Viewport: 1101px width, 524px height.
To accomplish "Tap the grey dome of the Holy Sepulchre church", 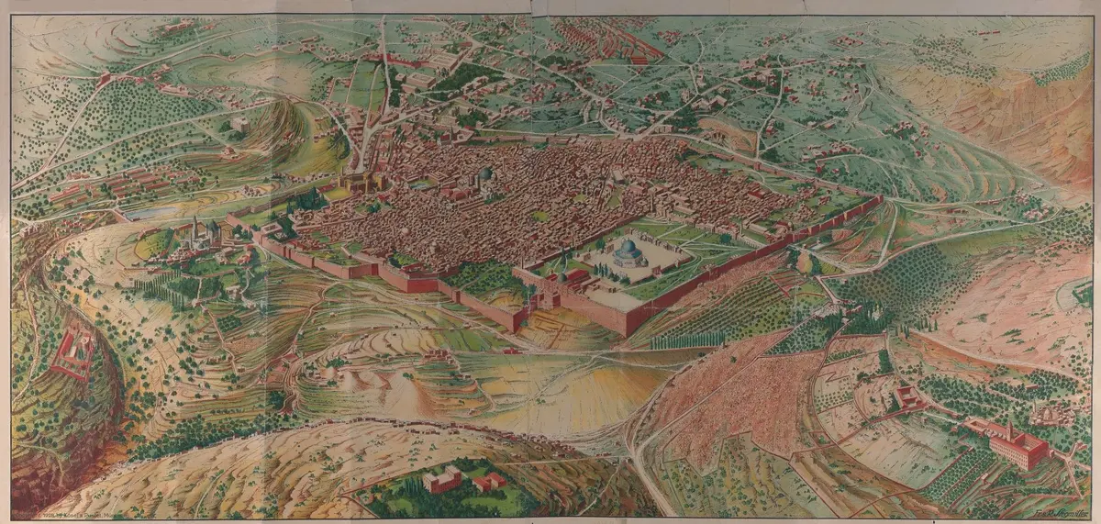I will [x=485, y=174].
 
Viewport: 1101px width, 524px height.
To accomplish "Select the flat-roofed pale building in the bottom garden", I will [x=442, y=479].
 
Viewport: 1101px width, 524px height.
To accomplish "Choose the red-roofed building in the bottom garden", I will [x=489, y=481].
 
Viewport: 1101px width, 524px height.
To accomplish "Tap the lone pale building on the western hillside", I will [x=240, y=123].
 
